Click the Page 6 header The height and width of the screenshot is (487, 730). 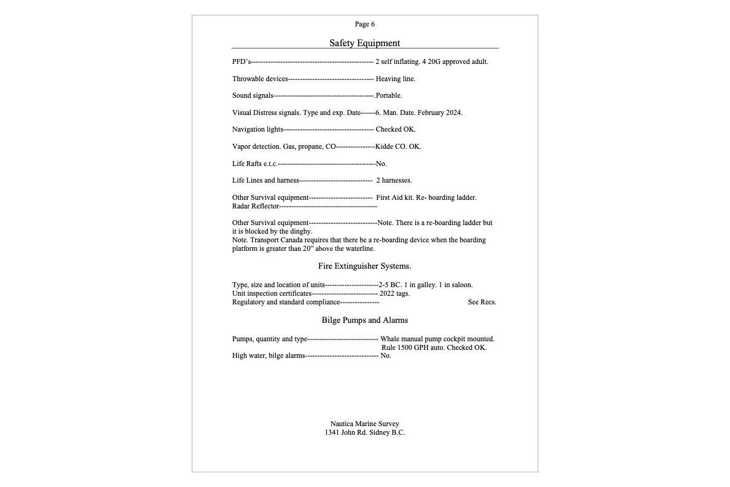[x=364, y=24]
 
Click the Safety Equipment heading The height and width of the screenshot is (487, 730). [x=364, y=43]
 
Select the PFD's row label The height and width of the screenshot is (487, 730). [x=241, y=61]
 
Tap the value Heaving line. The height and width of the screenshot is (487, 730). [x=395, y=79]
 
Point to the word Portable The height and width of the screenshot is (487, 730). [x=389, y=95]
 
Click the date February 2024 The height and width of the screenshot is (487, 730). [x=439, y=113]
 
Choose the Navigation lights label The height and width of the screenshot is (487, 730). [x=257, y=129]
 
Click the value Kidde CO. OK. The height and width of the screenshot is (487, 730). [x=398, y=146]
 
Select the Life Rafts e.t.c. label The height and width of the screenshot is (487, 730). [x=255, y=164]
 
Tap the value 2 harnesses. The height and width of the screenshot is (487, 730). [x=394, y=180]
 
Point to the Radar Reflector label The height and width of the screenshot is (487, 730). [x=256, y=206]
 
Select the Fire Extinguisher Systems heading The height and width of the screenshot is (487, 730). [x=364, y=266]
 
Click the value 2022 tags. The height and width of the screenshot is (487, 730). [x=394, y=293]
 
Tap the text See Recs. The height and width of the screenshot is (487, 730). [x=482, y=302]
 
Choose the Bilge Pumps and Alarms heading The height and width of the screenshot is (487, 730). [x=364, y=320]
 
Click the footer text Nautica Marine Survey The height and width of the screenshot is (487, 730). [x=364, y=424]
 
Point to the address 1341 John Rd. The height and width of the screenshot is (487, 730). [x=346, y=432]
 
